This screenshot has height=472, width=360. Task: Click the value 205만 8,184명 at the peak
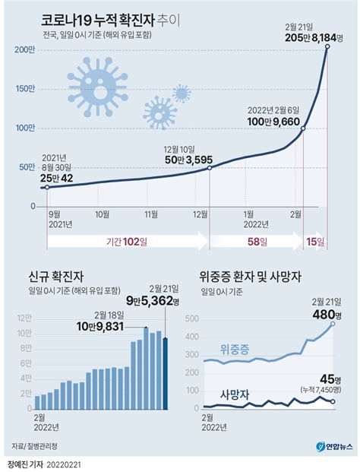(314, 38)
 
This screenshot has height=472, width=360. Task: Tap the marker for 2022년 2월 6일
(303, 128)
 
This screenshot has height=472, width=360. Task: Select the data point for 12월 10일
(210, 168)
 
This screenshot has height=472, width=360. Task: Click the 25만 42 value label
(56, 178)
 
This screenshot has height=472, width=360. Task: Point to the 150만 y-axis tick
(25, 89)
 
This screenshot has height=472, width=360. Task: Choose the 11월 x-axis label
(151, 214)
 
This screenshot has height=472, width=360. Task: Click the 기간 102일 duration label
(127, 242)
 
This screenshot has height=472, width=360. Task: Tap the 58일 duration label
(257, 242)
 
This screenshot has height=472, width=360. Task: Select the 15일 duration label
(315, 242)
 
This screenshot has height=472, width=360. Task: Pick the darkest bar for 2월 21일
(165, 373)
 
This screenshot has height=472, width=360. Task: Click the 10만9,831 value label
(100, 326)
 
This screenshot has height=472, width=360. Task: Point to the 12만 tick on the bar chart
(24, 318)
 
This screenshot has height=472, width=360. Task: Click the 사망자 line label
(235, 394)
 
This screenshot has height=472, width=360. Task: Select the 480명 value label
(327, 315)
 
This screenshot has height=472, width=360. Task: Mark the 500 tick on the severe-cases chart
(192, 318)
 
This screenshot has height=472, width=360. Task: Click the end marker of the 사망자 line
(333, 401)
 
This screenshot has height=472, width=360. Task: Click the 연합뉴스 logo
(334, 447)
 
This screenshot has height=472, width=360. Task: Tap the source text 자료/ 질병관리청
(34, 446)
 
